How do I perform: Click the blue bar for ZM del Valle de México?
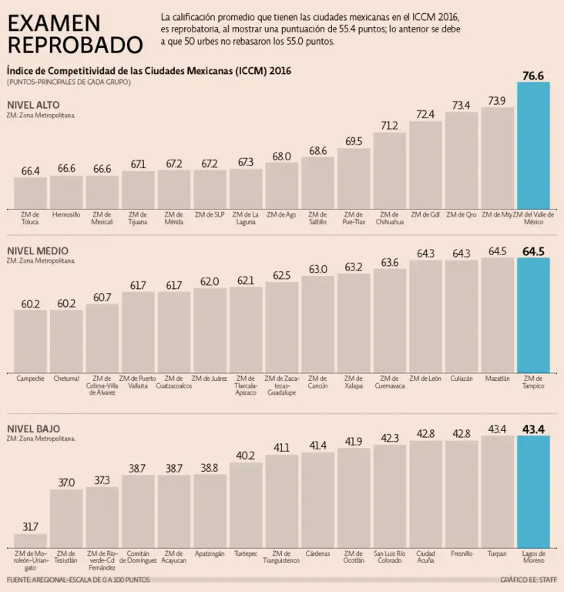(533, 145)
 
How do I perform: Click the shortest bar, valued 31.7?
(31, 539)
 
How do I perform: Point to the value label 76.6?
(533, 76)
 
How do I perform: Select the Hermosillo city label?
(66, 214)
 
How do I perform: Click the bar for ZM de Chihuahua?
(390, 170)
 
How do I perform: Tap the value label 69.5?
(354, 141)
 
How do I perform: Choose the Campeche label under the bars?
(31, 378)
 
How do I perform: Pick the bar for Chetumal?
(66, 341)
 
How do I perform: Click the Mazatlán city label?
(497, 378)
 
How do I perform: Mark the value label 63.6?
(390, 262)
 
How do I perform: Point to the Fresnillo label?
(462, 553)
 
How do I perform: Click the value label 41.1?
(281, 447)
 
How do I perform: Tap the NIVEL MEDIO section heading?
(37, 251)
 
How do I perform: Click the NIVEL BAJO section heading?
(33, 429)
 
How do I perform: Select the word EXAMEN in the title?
(54, 23)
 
